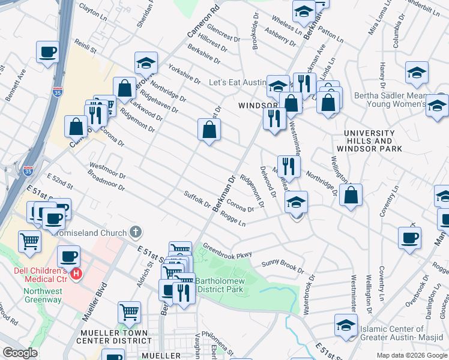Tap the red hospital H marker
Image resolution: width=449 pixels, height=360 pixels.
tap(76, 274)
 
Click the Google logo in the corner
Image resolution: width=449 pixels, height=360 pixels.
tap(20, 353)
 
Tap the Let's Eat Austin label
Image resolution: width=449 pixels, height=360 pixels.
tap(237, 82)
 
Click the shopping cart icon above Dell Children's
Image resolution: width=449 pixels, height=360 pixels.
tap(29, 241)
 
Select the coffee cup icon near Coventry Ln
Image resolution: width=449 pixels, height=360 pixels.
tap(409, 237)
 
